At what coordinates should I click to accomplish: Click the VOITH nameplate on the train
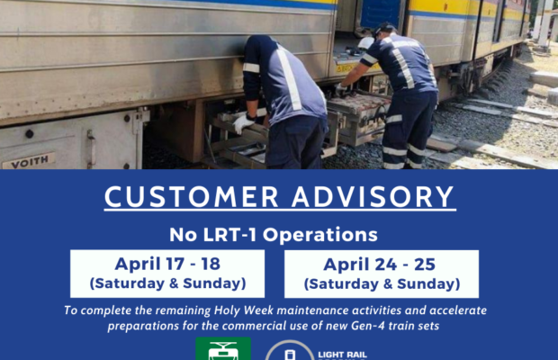[29, 161]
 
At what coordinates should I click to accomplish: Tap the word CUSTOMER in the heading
[192, 197]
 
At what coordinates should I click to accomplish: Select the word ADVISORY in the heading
[373, 197]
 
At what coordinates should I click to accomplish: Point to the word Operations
[319, 236]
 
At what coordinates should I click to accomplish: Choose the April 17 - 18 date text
[167, 264]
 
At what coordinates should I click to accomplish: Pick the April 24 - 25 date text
[380, 265]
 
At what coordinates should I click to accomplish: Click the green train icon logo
[223, 349]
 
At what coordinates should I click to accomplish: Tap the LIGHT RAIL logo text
[342, 355]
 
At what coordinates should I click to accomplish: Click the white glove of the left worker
[243, 123]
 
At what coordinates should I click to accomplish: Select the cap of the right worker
[384, 28]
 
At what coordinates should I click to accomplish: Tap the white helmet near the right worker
[365, 43]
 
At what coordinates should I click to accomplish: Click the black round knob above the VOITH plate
[29, 134]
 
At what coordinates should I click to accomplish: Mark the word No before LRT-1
[183, 235]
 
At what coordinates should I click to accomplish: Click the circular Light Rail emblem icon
[289, 352]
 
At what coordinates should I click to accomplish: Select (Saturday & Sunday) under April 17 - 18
[167, 283]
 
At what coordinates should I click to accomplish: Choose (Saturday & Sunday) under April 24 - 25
[382, 283]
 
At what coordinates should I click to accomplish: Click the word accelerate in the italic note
[458, 310]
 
